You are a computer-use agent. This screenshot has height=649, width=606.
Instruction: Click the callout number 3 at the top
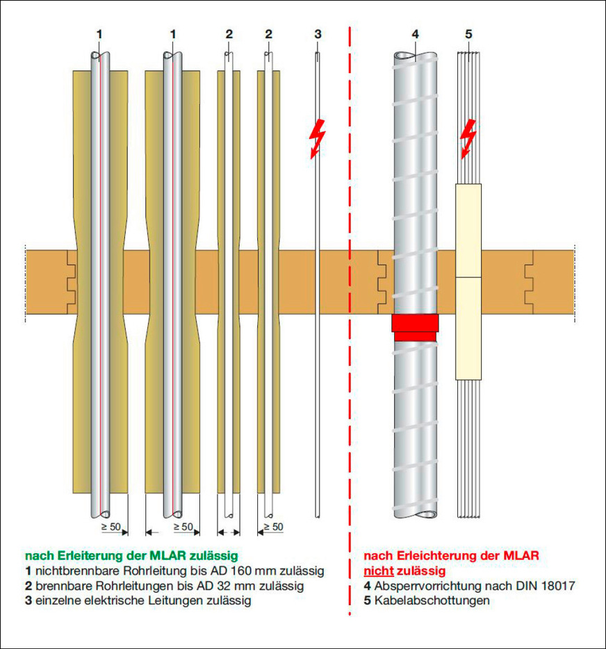(x=318, y=34)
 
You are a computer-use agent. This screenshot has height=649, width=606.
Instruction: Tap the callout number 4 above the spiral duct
(x=415, y=34)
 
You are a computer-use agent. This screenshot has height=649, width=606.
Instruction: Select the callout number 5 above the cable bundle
(x=468, y=34)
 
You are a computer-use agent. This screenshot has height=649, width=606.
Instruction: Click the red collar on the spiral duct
(x=415, y=327)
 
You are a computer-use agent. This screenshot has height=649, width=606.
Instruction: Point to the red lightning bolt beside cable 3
(x=318, y=139)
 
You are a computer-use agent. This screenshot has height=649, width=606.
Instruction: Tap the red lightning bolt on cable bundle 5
(x=468, y=139)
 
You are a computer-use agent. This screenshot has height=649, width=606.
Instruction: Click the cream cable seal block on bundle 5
(x=468, y=281)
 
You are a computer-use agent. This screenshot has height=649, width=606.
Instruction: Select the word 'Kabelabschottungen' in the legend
(x=432, y=600)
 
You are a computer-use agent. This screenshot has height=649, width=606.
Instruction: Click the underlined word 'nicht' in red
(x=379, y=571)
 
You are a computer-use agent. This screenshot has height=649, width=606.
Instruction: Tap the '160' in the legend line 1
(x=240, y=570)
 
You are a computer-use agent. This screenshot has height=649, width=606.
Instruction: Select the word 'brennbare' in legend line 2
(x=64, y=586)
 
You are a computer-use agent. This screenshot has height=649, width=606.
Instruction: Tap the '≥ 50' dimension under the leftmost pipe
(x=111, y=527)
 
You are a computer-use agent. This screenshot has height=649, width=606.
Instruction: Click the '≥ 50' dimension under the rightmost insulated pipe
(x=273, y=527)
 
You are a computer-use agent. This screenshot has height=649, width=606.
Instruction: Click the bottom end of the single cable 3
(x=318, y=517)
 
